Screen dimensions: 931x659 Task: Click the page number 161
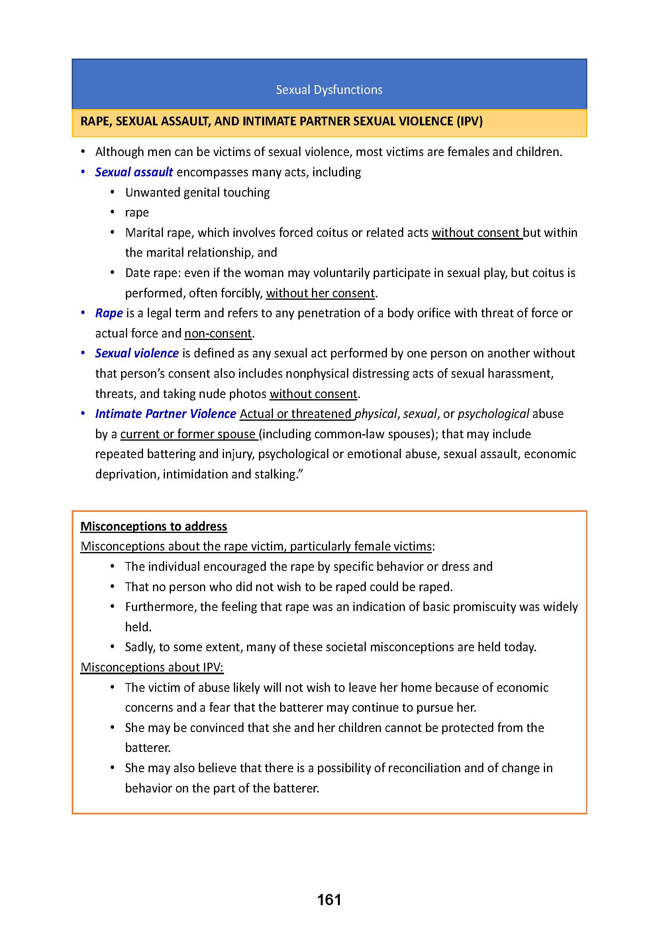(x=329, y=900)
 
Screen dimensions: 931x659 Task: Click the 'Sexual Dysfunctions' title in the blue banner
(x=329, y=90)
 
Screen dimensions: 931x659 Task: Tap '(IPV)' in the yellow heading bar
(x=469, y=121)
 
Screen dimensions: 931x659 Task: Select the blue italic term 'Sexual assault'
(x=134, y=172)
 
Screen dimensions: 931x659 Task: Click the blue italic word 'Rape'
(x=109, y=313)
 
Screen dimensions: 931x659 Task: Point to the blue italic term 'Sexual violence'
(x=137, y=353)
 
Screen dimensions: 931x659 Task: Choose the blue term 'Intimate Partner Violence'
(x=166, y=414)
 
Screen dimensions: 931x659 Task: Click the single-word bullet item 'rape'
(x=137, y=213)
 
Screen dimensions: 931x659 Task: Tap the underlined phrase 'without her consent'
(x=320, y=293)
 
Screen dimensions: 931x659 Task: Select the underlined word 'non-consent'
(x=218, y=333)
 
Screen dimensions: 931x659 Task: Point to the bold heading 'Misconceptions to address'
(x=154, y=526)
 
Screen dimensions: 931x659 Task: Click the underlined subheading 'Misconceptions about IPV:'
(x=152, y=667)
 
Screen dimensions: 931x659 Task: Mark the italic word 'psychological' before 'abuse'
(x=493, y=414)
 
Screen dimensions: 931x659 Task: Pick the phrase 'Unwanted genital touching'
(x=197, y=192)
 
